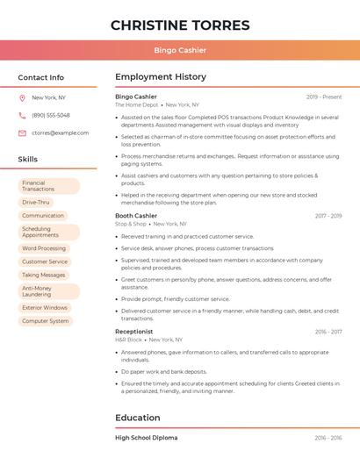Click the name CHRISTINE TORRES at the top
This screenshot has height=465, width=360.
coord(180,25)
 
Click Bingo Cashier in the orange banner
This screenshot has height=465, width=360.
coord(180,50)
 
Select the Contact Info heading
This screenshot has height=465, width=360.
coord(41,77)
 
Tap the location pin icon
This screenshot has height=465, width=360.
coord(22,97)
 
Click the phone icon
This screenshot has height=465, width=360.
coord(22,115)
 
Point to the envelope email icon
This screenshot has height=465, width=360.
coord(22,133)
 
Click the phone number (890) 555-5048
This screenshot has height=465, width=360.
coord(51,115)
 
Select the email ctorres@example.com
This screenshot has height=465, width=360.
coord(61,133)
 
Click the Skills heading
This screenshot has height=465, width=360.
coord(28,159)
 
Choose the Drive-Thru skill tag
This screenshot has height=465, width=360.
coord(36,202)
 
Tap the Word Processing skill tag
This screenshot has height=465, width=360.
coord(44,248)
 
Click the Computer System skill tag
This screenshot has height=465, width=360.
coord(46,321)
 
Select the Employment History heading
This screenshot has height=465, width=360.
coord(161,77)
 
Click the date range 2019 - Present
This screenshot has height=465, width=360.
coord(324,97)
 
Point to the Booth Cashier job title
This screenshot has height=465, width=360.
coord(136,216)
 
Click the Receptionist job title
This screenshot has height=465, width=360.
coord(134,332)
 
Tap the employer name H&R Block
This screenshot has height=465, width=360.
coord(130,340)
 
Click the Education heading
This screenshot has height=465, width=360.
coord(138,418)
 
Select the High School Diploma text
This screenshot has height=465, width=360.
coord(146,437)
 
